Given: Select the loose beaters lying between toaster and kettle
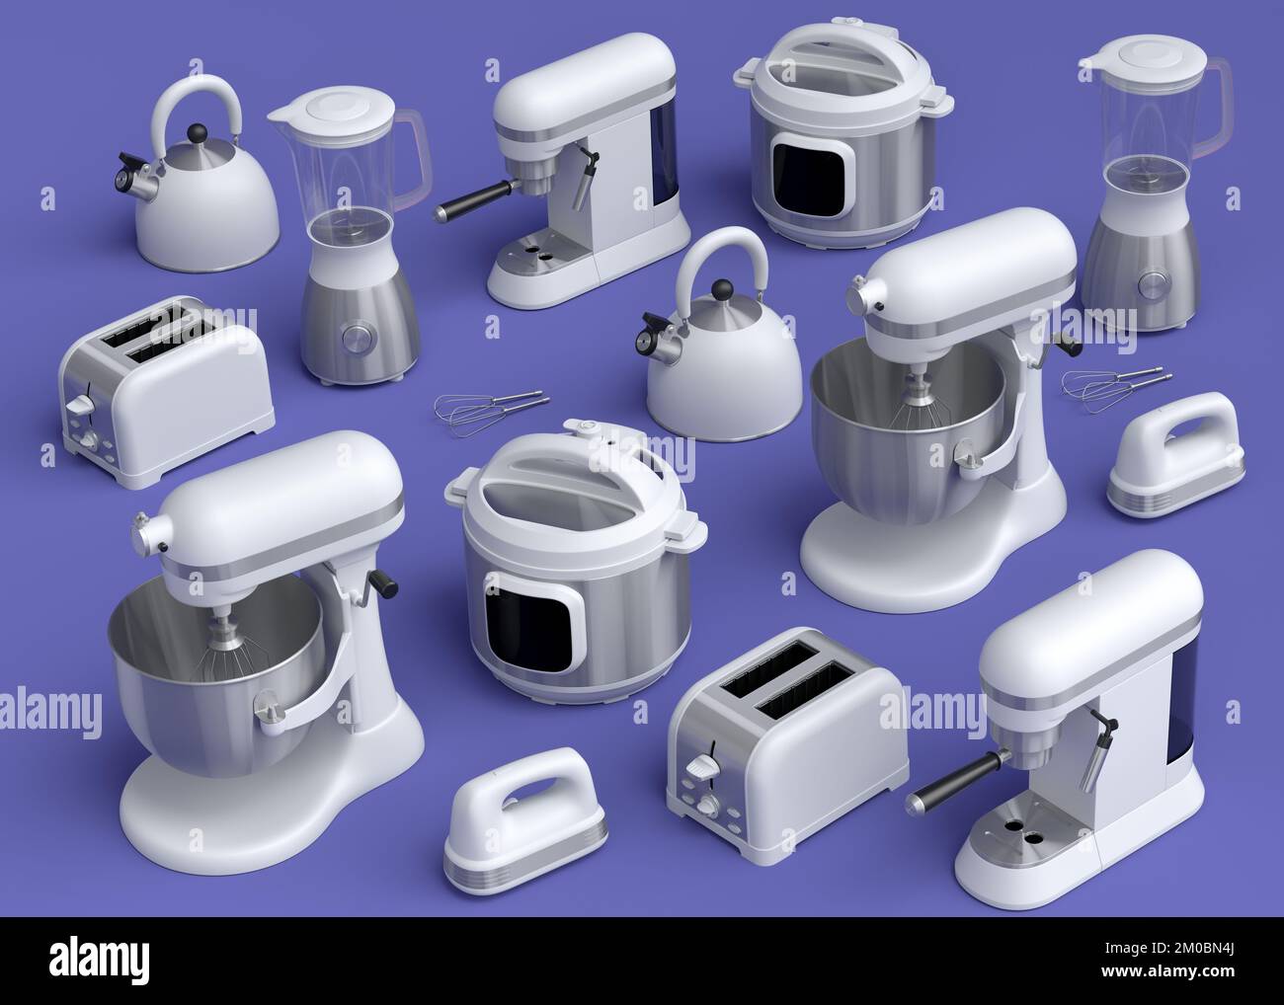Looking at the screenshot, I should pyautogui.click(x=491, y=406).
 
